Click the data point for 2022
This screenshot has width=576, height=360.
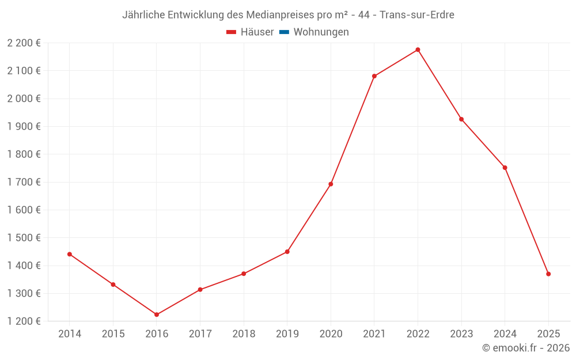(418, 50)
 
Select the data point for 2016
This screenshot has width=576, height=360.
(157, 314)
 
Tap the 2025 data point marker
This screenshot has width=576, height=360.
(548, 274)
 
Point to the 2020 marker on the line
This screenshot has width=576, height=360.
(331, 184)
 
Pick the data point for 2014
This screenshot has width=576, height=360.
(70, 254)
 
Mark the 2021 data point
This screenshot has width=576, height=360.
(374, 76)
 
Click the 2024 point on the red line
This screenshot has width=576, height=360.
(505, 168)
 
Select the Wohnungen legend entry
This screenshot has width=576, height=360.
(321, 32)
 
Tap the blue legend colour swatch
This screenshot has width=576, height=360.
(284, 32)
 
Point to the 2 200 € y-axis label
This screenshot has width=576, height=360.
(24, 43)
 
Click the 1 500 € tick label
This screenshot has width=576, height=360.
(24, 237)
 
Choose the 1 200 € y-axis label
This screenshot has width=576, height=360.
(24, 321)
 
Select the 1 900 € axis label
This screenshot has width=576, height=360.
(24, 126)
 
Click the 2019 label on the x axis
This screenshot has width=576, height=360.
(287, 334)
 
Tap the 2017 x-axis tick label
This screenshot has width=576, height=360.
(200, 334)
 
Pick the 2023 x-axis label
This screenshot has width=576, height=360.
(461, 334)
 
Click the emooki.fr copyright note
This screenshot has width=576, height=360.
(526, 348)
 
